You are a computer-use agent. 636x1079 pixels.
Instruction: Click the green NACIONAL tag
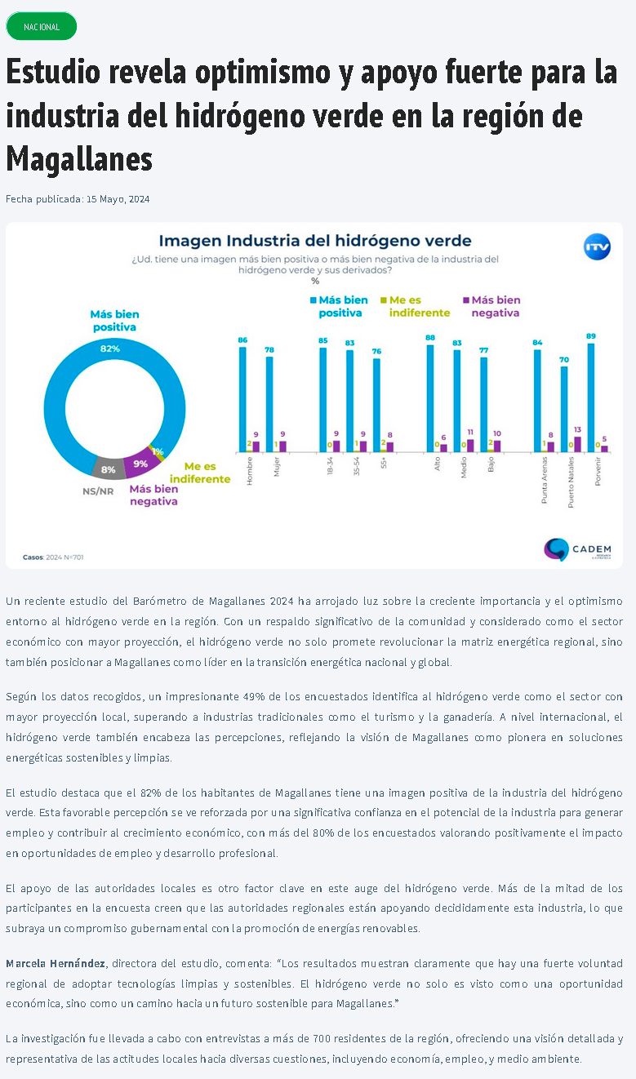point(41,27)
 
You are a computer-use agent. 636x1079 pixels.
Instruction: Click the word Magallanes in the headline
point(79,158)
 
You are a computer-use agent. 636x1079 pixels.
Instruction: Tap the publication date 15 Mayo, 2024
point(118,199)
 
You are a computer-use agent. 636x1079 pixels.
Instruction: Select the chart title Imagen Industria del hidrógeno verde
point(314,241)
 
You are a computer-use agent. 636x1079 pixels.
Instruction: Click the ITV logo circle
point(597,247)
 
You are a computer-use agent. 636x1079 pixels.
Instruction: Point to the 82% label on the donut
point(110,349)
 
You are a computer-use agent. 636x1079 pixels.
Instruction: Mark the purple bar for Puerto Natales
point(578,444)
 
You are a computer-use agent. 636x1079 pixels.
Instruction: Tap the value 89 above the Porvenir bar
point(590,336)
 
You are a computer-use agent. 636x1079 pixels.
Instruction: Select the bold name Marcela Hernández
point(56,964)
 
